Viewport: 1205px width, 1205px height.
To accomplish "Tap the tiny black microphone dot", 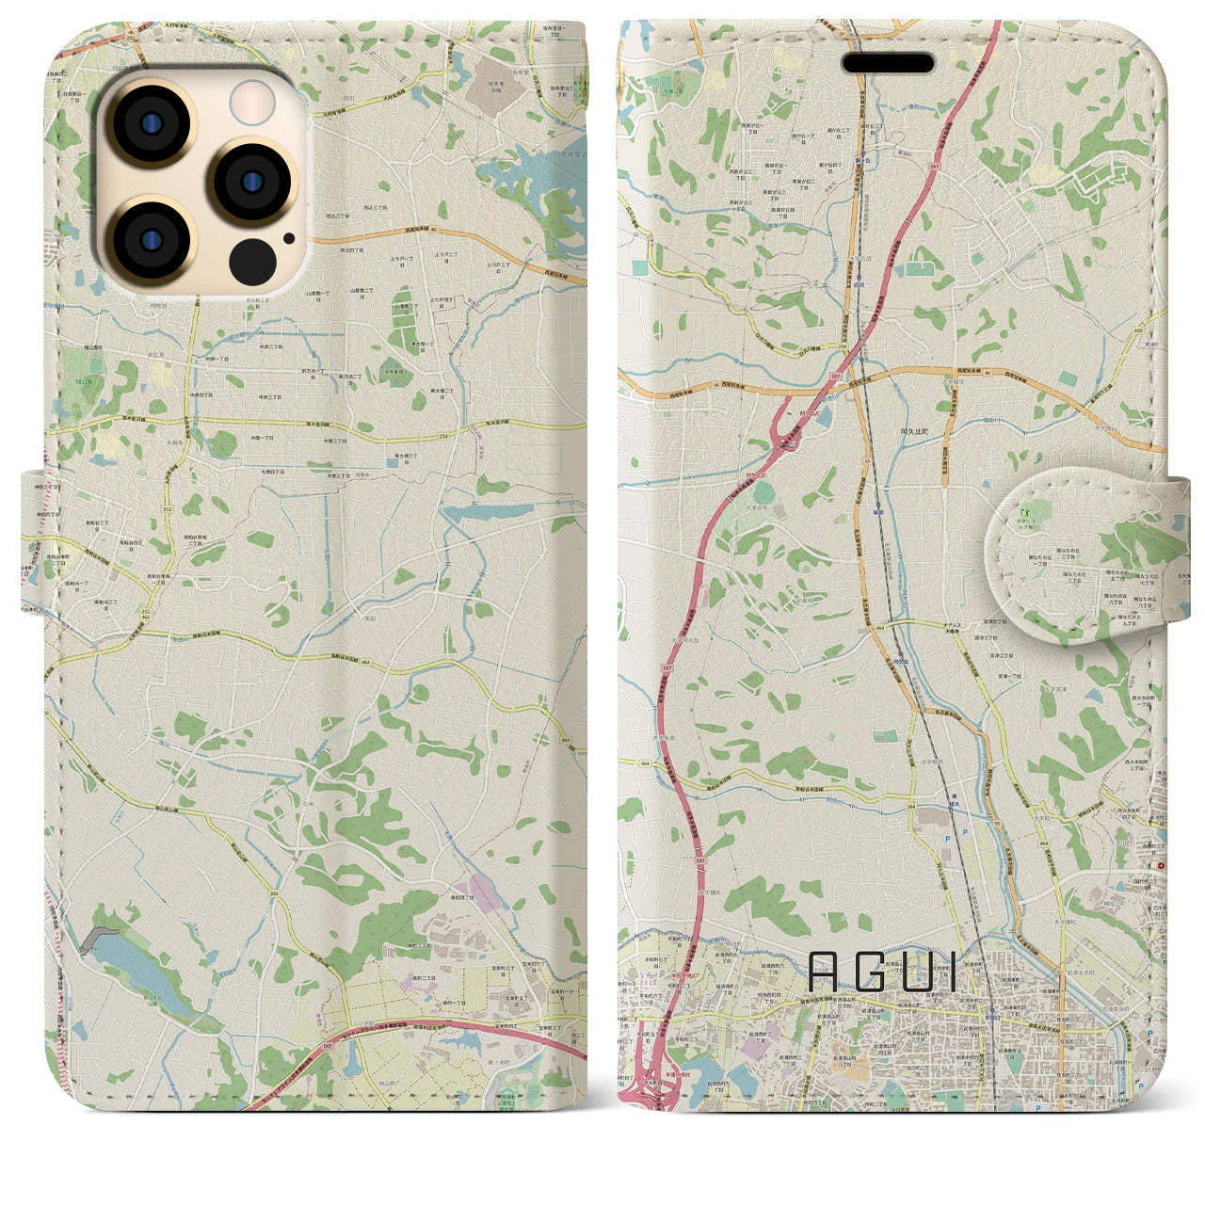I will coord(287,238).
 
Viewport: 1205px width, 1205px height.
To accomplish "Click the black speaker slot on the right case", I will coord(888,63).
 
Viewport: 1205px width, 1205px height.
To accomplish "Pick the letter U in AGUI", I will coord(919,972).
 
